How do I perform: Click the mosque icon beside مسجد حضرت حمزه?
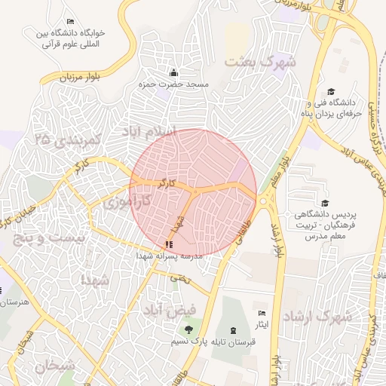173,73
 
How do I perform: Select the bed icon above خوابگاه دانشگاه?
70,20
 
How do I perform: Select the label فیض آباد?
173,309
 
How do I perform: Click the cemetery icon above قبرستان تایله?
232,329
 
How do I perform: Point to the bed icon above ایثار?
262,313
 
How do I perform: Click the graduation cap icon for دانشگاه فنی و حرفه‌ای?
311,90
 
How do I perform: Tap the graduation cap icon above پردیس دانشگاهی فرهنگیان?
325,203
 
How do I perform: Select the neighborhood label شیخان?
55,366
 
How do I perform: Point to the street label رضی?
178,277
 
